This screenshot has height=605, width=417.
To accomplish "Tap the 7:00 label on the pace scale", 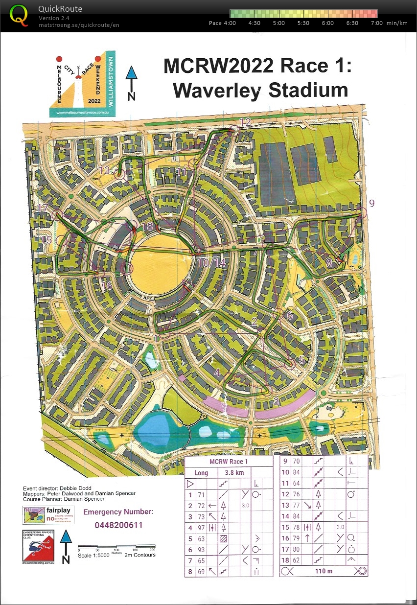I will (376, 23).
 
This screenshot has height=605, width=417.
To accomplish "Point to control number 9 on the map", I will (371, 204).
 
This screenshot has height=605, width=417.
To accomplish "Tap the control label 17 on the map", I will (43, 208).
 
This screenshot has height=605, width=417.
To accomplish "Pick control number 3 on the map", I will (276, 401).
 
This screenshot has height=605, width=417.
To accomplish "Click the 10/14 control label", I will (212, 263).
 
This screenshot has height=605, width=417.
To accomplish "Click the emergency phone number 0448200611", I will (118, 525).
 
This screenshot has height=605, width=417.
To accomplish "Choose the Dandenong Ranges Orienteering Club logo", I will (40, 546).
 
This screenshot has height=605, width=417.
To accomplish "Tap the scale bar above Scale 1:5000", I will (116, 547).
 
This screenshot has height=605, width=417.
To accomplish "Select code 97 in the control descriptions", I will (201, 527).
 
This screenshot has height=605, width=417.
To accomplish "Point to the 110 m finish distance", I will (324, 571).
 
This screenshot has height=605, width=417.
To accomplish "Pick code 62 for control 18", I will (296, 560).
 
